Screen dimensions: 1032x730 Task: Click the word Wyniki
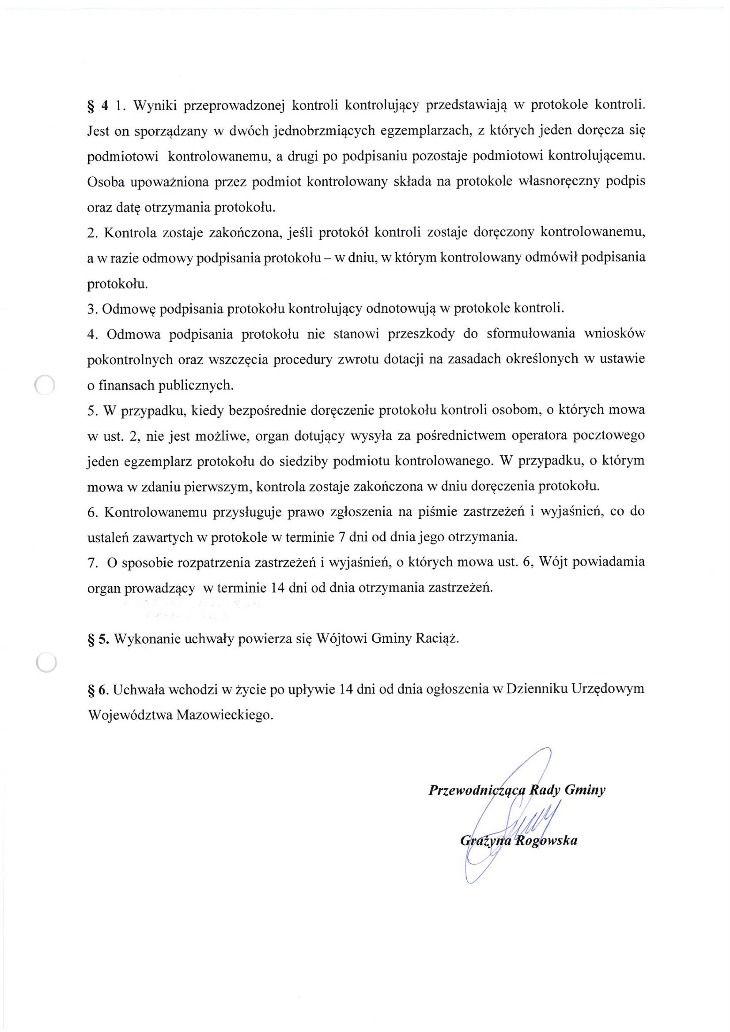coord(152,106)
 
